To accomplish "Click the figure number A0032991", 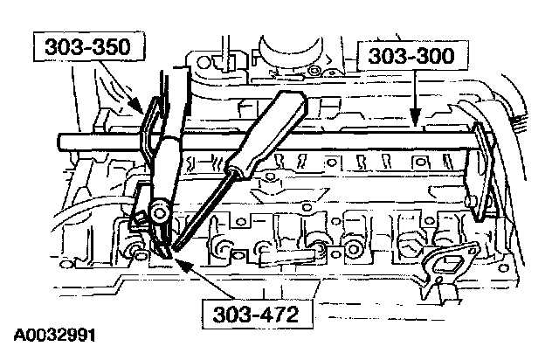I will (x=54, y=335).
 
